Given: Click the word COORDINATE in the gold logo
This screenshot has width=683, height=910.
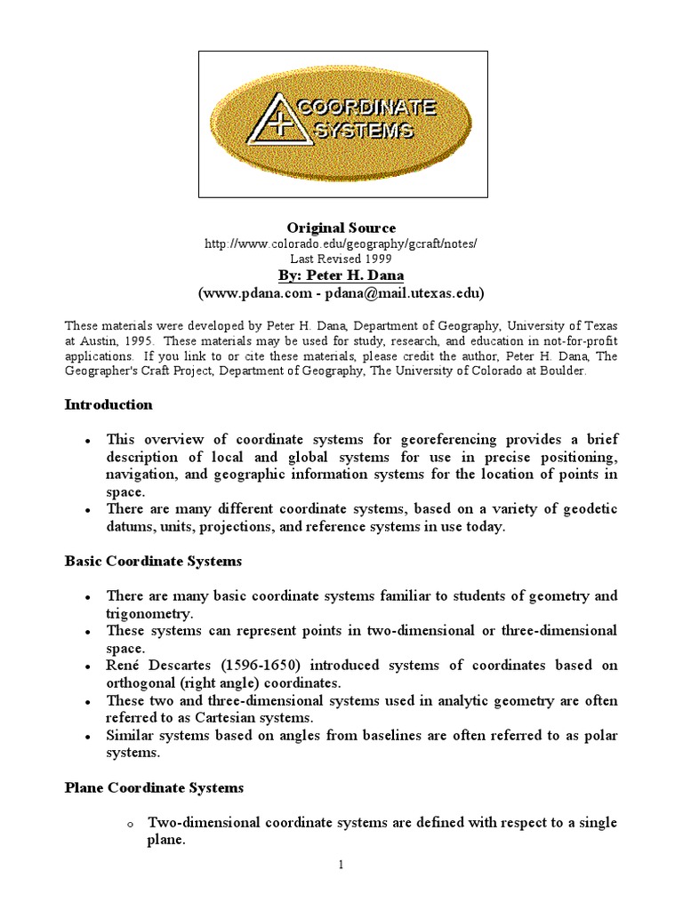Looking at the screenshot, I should click(366, 108).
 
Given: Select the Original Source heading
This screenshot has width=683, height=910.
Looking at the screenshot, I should click(341, 227).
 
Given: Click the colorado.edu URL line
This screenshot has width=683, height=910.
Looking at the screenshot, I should click(341, 243).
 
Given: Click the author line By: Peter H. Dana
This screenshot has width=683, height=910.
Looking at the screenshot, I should click(341, 275).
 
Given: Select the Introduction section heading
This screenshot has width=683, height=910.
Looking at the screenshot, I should click(108, 404).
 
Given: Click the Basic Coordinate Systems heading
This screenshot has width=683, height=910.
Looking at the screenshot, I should click(153, 562).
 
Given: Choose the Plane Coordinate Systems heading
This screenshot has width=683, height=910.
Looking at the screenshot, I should click(154, 787).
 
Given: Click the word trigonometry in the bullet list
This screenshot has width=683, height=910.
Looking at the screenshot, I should click(149, 613).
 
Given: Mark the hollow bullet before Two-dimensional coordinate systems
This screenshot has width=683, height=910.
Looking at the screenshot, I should click(129, 825).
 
